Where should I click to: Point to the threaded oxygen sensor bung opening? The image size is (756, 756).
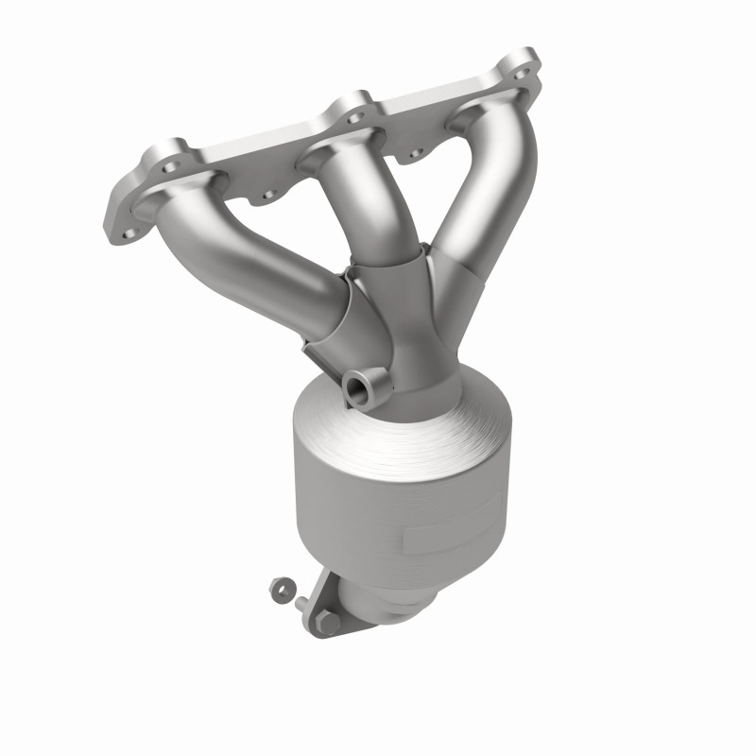pos(359,387)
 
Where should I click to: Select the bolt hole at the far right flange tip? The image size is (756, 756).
pos(519,69)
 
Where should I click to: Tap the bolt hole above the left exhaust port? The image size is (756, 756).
pos(171,166)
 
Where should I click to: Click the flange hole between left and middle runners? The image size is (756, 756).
pos(267,194)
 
